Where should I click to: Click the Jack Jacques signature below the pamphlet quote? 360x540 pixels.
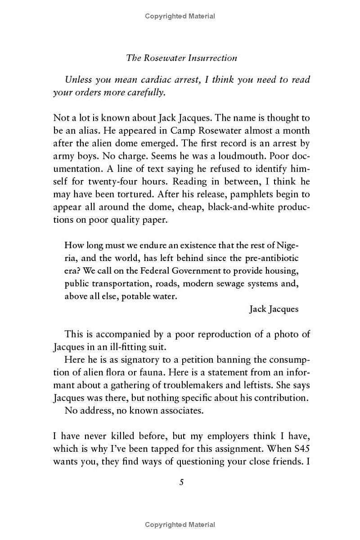point(274,309)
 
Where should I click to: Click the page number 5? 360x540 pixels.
point(181,482)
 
